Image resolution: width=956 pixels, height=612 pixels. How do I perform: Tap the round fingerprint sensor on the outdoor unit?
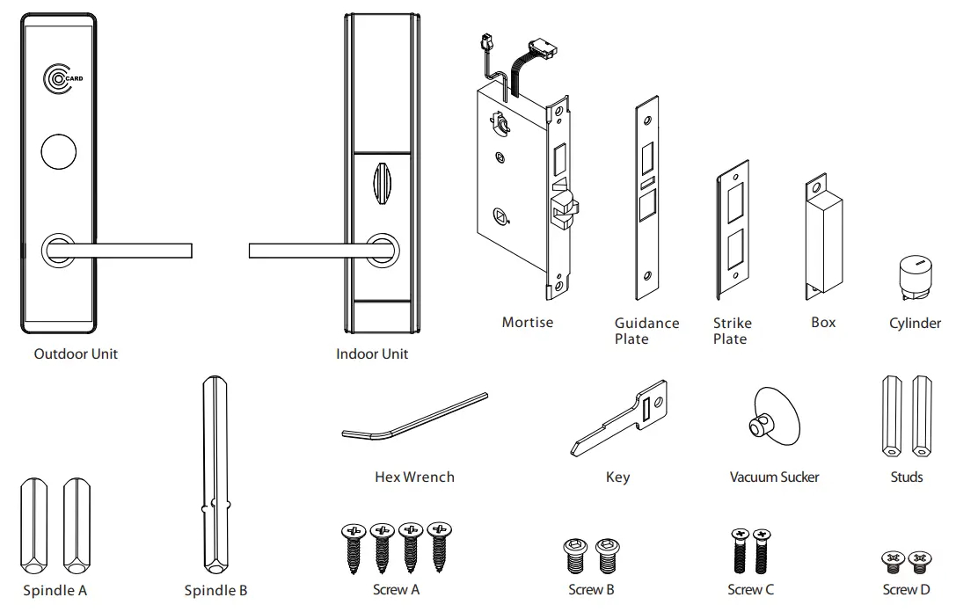60,150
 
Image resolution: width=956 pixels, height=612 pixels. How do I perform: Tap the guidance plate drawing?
647,198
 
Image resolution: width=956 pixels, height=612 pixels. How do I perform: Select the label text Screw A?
396,590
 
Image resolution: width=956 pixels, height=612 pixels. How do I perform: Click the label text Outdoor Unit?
76,354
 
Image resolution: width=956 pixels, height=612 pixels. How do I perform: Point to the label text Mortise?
528,323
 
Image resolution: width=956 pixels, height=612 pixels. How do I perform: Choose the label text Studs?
907,477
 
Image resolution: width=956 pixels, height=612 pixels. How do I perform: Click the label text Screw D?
906,590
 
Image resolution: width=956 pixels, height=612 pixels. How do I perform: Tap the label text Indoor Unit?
372,354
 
